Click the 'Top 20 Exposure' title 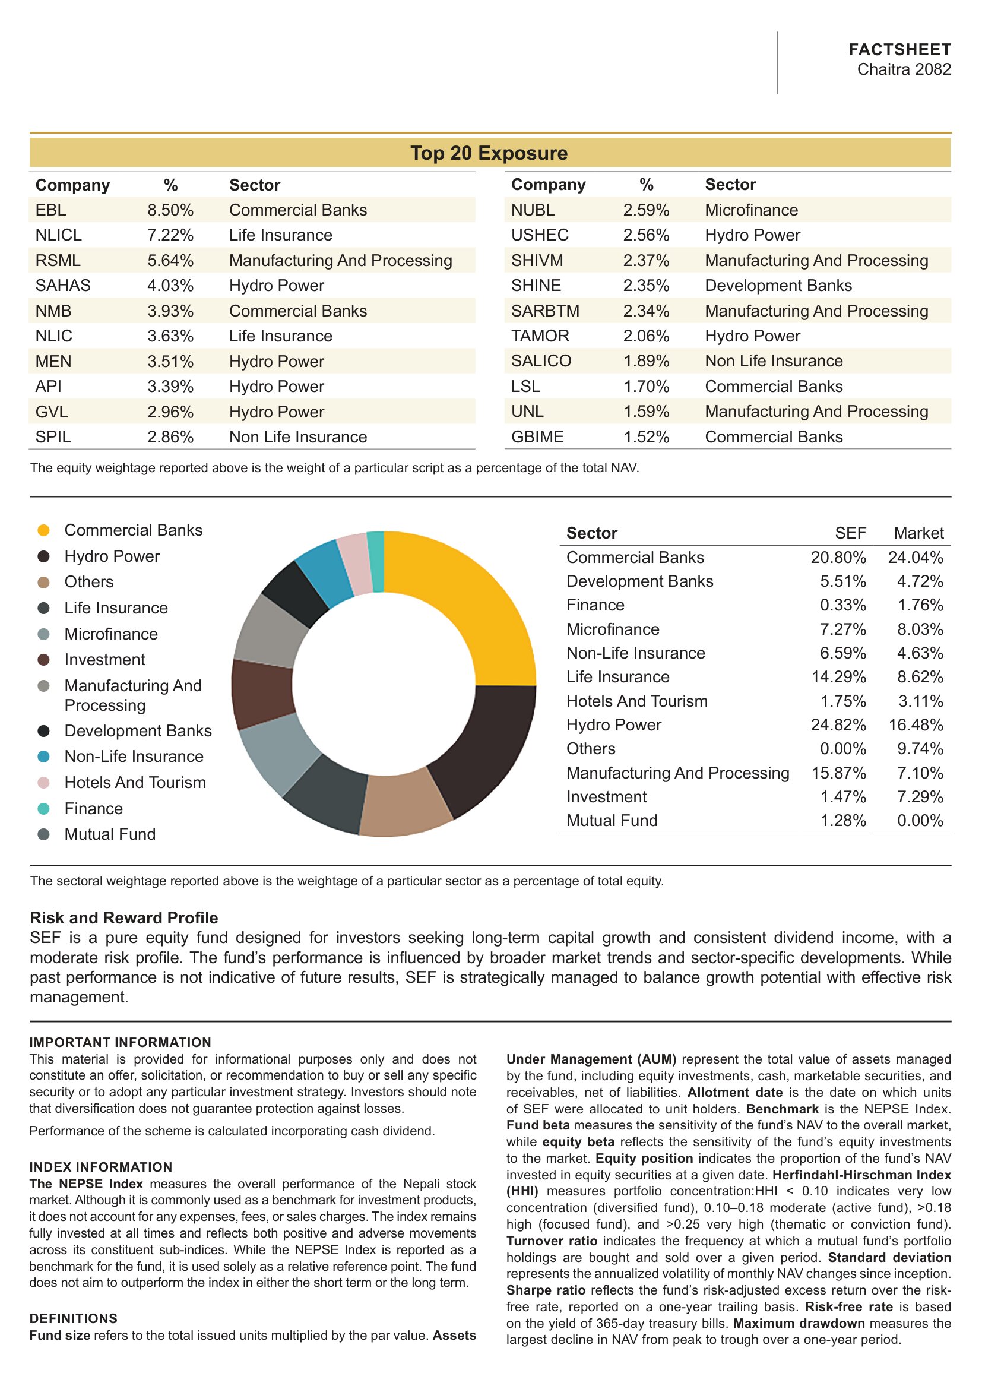489,153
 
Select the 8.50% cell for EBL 170,210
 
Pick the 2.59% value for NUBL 646,210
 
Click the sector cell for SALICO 774,361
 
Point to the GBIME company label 537,437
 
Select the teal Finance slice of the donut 376,561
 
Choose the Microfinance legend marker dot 43,634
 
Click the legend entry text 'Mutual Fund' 110,834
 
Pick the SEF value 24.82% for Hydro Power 838,724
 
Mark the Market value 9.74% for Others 920,749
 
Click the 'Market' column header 918,533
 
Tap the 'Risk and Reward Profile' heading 124,917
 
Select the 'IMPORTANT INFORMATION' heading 121,1042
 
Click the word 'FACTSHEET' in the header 899,50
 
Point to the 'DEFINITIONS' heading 74,1319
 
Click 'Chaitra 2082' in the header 904,69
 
